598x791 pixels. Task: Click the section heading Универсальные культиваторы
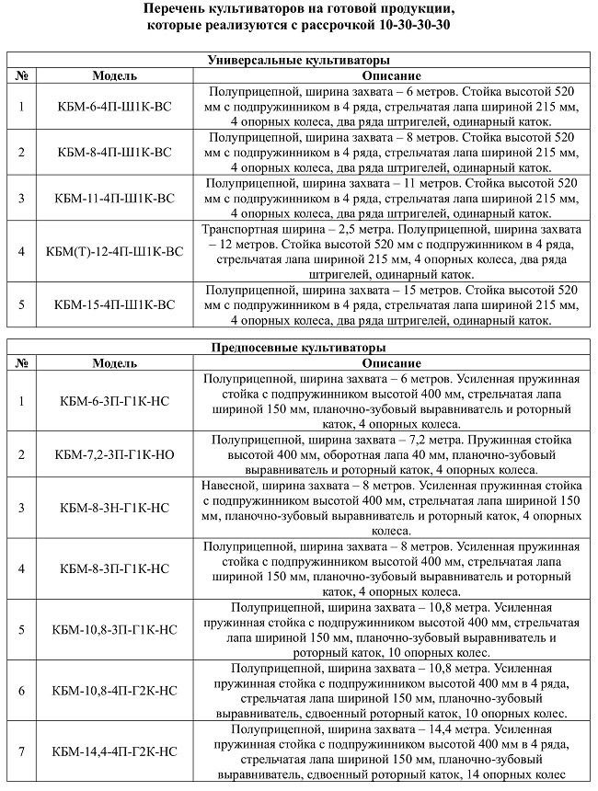tap(298, 61)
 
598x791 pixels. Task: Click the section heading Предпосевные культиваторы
tap(298, 348)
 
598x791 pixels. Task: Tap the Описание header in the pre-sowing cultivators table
tap(391, 363)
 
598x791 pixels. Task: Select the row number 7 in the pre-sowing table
tap(21, 751)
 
